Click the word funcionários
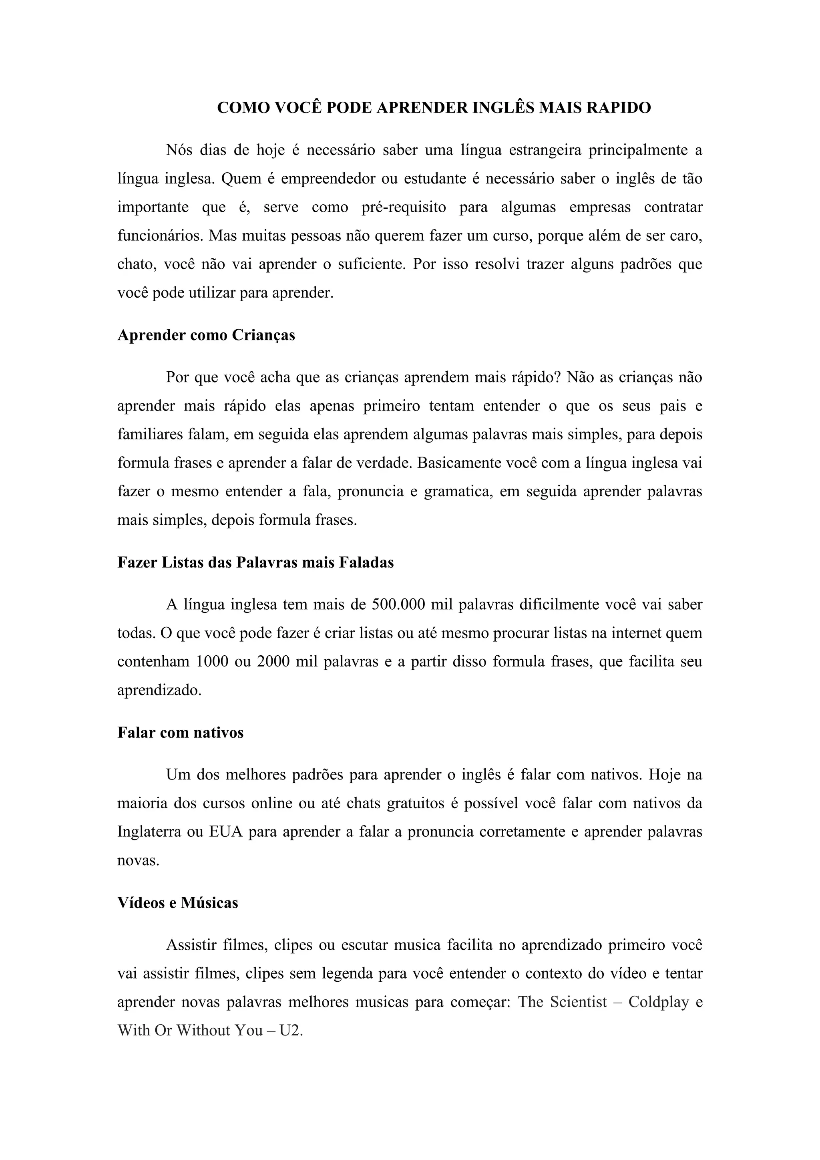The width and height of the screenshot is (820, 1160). click(159, 236)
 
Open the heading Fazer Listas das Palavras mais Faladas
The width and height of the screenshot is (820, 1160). click(255, 562)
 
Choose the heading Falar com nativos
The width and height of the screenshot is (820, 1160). click(180, 733)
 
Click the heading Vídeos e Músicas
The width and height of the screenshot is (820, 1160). click(178, 903)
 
